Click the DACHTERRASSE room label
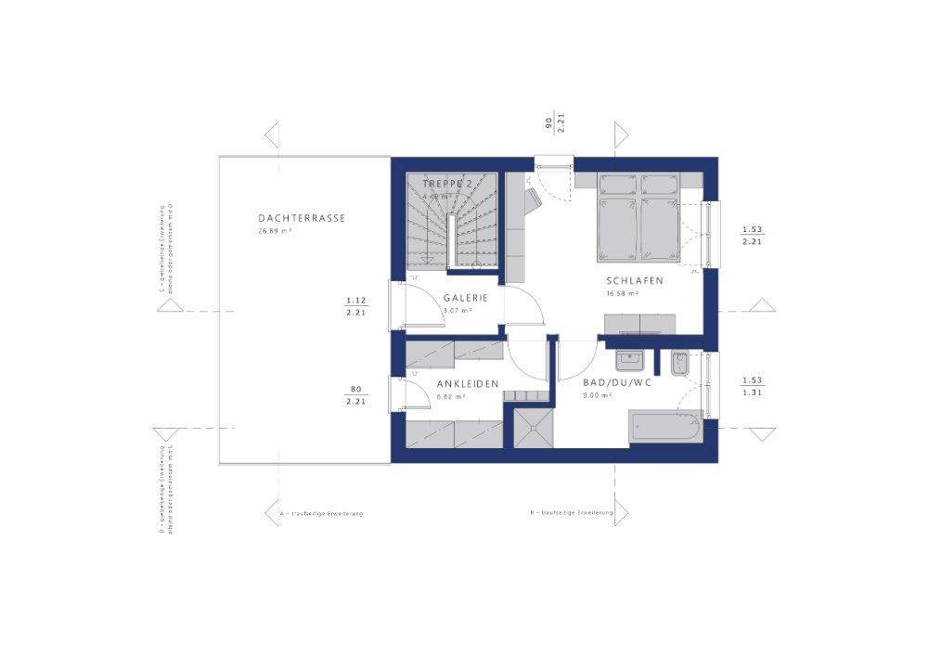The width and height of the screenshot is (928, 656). [303, 218]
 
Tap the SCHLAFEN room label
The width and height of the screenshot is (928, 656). [635, 281]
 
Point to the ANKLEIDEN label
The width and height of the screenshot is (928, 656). [468, 383]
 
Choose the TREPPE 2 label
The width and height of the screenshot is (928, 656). [447, 184]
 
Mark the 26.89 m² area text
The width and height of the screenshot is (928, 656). [276, 231]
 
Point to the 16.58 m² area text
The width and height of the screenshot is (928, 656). [622, 293]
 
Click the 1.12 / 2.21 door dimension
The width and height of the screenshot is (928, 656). [356, 306]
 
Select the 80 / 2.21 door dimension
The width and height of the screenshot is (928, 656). [356, 395]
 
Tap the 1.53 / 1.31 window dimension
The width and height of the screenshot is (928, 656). [752, 386]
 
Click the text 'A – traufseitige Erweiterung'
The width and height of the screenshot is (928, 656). [321, 513]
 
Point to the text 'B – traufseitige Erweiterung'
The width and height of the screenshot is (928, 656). [572, 512]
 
